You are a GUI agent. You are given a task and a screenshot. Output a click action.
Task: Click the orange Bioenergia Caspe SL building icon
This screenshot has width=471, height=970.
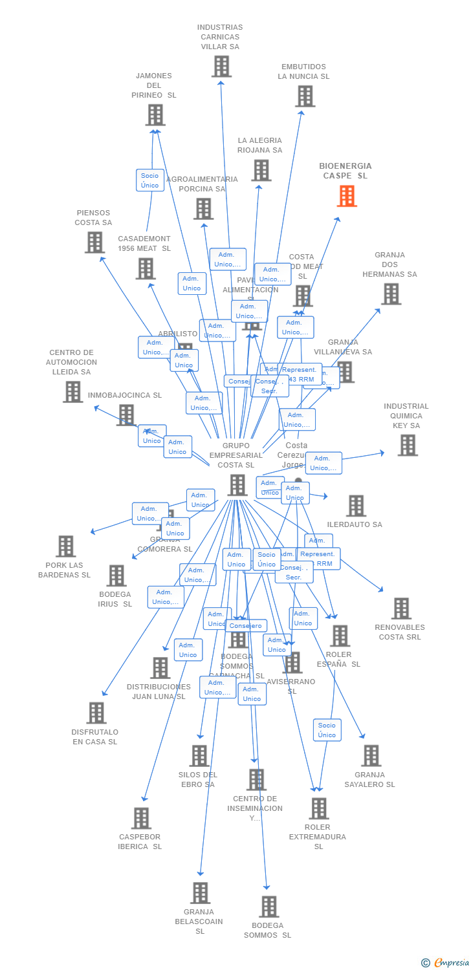pos(347,196)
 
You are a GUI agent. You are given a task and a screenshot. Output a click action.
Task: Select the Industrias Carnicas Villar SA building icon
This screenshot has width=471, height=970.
pos(221,66)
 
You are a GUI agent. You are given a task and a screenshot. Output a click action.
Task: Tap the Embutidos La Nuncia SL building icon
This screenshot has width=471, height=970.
pos(305,96)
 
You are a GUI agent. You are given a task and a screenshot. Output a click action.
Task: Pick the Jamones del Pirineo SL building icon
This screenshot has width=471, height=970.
pos(155,115)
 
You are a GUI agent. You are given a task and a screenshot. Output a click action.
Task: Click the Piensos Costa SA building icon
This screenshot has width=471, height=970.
pos(94,242)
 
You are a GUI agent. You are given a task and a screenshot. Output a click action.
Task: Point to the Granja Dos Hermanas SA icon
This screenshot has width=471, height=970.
pos(391,294)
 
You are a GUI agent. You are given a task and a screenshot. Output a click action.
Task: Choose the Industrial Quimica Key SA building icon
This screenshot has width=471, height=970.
pos(408,445)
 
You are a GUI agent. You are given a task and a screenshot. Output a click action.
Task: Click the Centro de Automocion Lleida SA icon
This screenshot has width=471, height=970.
pos(72,391)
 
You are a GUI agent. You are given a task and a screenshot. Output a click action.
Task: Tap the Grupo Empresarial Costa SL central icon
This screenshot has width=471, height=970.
pos(237,485)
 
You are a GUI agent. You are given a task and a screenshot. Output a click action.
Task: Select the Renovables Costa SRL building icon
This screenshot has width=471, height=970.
pos(401,608)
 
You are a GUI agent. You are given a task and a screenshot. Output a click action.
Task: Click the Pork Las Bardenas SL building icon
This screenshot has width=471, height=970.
pos(65,546)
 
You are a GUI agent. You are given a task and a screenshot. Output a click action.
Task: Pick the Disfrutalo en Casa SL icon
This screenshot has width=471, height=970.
pos(96,713)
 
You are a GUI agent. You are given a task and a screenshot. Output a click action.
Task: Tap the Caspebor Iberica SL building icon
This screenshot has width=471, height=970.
pos(141,818)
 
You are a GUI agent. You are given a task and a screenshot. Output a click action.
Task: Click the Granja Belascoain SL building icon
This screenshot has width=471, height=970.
pos(201,893)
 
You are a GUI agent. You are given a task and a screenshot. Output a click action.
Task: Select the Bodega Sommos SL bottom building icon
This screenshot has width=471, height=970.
pos(269,907)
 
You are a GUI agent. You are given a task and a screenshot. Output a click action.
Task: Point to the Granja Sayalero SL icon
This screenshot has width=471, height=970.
pos(371,755)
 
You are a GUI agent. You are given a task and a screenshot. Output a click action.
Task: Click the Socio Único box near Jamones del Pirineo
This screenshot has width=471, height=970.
pos(150,180)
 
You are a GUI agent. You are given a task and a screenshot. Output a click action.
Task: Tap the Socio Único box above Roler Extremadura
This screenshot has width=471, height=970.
pos(327,730)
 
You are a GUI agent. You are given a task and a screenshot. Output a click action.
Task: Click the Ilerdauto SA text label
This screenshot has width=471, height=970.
pos(355,524)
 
